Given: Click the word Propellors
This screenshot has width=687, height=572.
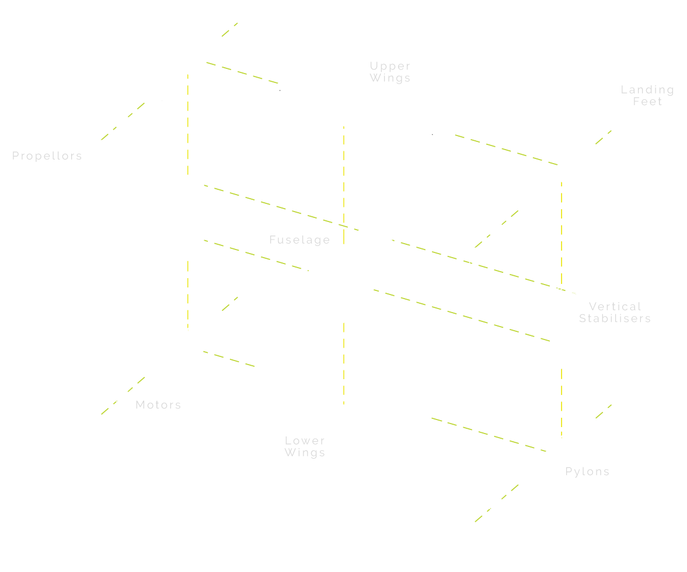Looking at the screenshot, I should coord(47,156).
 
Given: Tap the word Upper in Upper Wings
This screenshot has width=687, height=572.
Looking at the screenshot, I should coord(390,66).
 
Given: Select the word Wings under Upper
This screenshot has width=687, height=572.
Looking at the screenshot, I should coord(390,78).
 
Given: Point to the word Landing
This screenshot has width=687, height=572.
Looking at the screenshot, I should coord(647,90).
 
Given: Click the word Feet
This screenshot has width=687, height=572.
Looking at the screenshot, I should coord(648,102).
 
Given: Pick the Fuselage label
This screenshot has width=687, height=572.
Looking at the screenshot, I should coord(299,240).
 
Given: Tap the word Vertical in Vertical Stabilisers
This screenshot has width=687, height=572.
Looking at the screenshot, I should coord(615,307).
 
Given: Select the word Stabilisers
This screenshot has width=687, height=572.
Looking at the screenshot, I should coord(615,318).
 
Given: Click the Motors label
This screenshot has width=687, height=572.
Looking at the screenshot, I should coord(158,405).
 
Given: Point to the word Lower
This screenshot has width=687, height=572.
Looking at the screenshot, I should coord(305,441).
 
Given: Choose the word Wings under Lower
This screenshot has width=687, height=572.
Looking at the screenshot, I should coord(305,453).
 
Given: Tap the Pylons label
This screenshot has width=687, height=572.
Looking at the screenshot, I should coord(587,472).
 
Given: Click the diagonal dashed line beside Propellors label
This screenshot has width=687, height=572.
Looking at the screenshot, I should coord(123,122).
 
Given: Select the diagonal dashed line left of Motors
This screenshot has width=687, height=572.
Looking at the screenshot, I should coord(123,396).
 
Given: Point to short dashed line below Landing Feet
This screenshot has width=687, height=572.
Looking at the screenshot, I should coord(604,137).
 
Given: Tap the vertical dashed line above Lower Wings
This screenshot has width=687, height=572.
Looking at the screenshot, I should coord(344,362).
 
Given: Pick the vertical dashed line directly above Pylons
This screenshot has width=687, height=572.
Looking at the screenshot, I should coord(562,403).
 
